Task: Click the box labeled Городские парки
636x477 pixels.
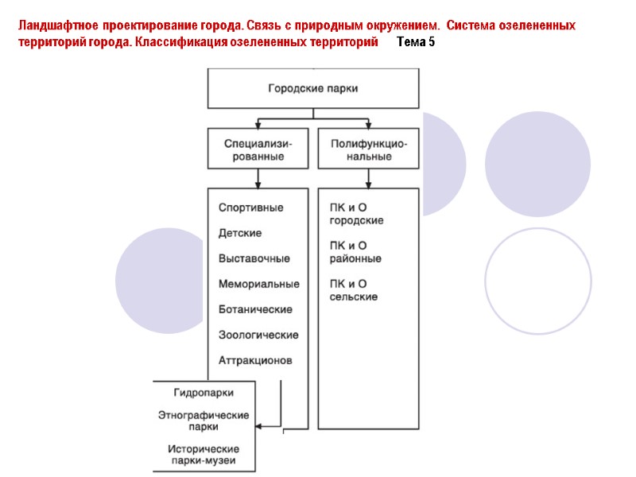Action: coord(312,88)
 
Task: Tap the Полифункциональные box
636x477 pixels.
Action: coord(368,150)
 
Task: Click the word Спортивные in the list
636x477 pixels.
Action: coord(250,207)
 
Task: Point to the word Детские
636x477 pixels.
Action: coord(240,233)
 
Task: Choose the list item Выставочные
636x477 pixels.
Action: coord(254,258)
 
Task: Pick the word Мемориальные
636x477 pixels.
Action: coord(258,284)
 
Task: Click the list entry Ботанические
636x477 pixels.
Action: coord(255,309)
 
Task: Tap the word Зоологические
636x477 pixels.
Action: coord(258,335)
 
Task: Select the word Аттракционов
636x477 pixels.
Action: coord(255,360)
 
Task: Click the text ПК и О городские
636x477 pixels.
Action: coord(357,214)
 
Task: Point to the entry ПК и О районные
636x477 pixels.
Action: coord(355,252)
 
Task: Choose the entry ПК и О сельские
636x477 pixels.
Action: coord(354,290)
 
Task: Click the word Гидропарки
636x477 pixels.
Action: coord(204,392)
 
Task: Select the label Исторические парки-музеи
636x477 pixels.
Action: coord(204,455)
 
